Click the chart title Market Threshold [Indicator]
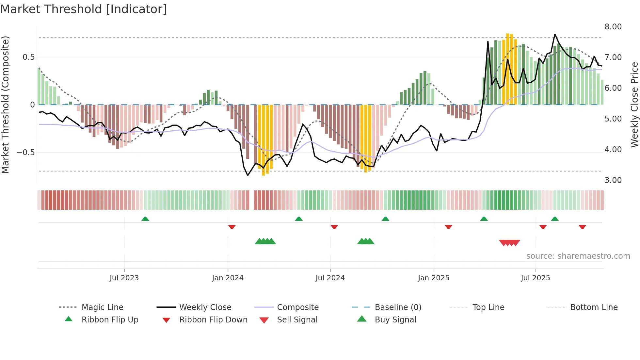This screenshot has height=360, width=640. (x=84, y=9)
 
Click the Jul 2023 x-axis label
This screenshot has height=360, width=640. (x=124, y=278)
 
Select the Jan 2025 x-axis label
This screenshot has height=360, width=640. (x=434, y=278)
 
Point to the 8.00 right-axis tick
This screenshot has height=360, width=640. (x=613, y=27)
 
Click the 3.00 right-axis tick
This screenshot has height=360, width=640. (x=613, y=180)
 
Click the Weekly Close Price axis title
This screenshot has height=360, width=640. (x=634, y=105)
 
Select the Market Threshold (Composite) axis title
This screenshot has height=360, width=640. (x=5, y=105)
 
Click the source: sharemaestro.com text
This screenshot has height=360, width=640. (x=578, y=256)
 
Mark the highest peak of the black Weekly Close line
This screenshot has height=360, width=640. (x=555, y=34)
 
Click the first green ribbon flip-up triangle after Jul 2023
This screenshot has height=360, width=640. (x=145, y=219)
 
